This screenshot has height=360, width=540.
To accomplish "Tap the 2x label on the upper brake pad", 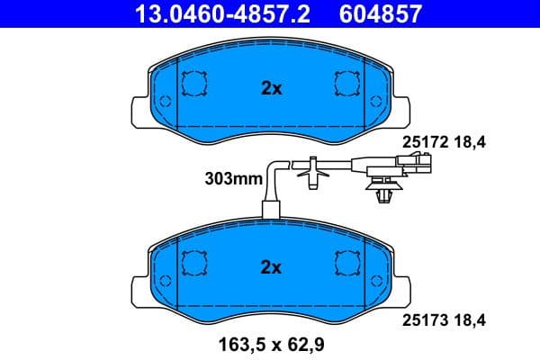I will point(271,88).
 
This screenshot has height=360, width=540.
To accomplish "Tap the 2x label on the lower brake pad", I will point(271,266).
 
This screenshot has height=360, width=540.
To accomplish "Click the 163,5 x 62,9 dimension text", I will point(270,342).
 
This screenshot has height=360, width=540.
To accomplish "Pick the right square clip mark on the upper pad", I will point(346,84).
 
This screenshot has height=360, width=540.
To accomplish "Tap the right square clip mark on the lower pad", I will point(346,263).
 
